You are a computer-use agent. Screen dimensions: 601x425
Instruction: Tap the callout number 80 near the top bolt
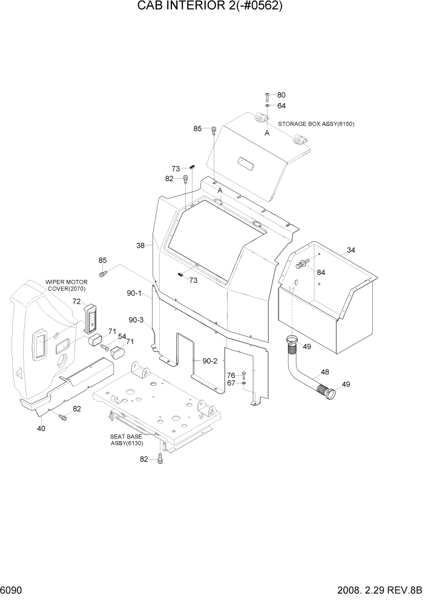pyautogui.click(x=282, y=95)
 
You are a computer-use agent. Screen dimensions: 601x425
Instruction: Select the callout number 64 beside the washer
pyautogui.click(x=282, y=105)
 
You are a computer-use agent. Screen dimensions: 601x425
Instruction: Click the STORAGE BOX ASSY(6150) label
pyautogui.click(x=316, y=124)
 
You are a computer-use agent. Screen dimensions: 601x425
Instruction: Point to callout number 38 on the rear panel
pyautogui.click(x=140, y=245)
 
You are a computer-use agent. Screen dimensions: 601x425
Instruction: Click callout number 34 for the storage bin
pyautogui.click(x=351, y=250)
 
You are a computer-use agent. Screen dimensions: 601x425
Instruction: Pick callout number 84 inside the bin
pyautogui.click(x=321, y=272)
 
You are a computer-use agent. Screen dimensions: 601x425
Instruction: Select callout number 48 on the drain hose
pyautogui.click(x=325, y=372)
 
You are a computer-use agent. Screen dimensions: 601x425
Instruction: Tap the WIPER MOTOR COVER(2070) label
pyautogui.click(x=67, y=285)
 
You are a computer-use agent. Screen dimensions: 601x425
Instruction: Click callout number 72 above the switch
pyautogui.click(x=76, y=301)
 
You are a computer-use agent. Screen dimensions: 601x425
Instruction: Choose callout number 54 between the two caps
pyautogui.click(x=122, y=336)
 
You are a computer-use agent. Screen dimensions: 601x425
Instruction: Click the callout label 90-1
pyautogui.click(x=134, y=294)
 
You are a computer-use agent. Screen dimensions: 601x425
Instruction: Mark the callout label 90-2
pyautogui.click(x=209, y=361)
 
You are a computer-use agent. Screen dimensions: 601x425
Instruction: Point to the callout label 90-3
pyautogui.click(x=136, y=320)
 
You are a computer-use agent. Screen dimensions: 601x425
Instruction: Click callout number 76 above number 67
pyautogui.click(x=231, y=376)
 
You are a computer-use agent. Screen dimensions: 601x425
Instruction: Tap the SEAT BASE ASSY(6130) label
pyautogui.click(x=127, y=440)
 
